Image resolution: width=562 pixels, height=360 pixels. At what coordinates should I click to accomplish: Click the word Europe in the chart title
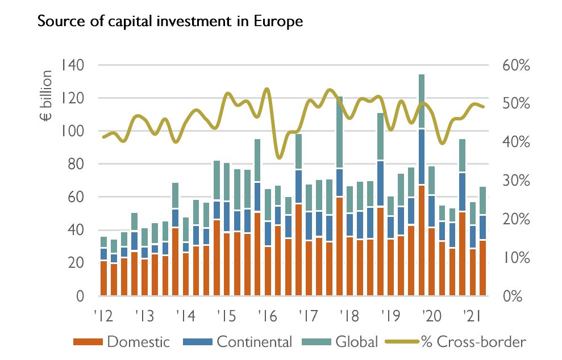[x=280, y=22]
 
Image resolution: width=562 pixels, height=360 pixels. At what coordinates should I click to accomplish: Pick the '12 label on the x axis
[x=102, y=316]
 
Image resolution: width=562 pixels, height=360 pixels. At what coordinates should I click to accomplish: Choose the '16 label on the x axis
[x=266, y=316]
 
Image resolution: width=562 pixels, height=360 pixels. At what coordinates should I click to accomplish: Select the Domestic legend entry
[x=138, y=342]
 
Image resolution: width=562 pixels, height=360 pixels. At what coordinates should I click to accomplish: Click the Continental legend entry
[x=254, y=342]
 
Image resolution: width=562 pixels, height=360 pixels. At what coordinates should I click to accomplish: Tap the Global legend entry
[x=356, y=342]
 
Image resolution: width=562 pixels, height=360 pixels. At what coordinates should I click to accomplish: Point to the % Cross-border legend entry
[x=472, y=342]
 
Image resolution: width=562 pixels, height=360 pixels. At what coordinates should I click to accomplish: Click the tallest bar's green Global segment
[x=421, y=102]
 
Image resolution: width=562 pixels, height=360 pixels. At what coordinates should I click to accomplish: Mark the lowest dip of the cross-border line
[x=278, y=158]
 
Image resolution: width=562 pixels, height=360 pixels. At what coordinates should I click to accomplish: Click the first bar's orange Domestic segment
[x=103, y=278]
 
